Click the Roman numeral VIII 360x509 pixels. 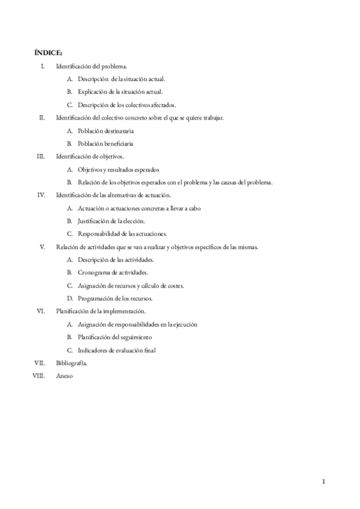40,376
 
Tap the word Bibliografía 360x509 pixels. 72,363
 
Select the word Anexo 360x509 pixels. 64,376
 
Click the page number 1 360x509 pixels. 323,481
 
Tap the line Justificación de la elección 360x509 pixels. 112,221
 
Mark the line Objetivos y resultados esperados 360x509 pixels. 118,169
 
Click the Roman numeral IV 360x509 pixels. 41,195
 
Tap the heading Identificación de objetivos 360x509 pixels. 90,156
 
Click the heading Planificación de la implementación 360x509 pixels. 101,311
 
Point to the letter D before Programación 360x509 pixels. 70,298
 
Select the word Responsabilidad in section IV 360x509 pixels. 98,233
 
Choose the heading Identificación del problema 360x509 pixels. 91,65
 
